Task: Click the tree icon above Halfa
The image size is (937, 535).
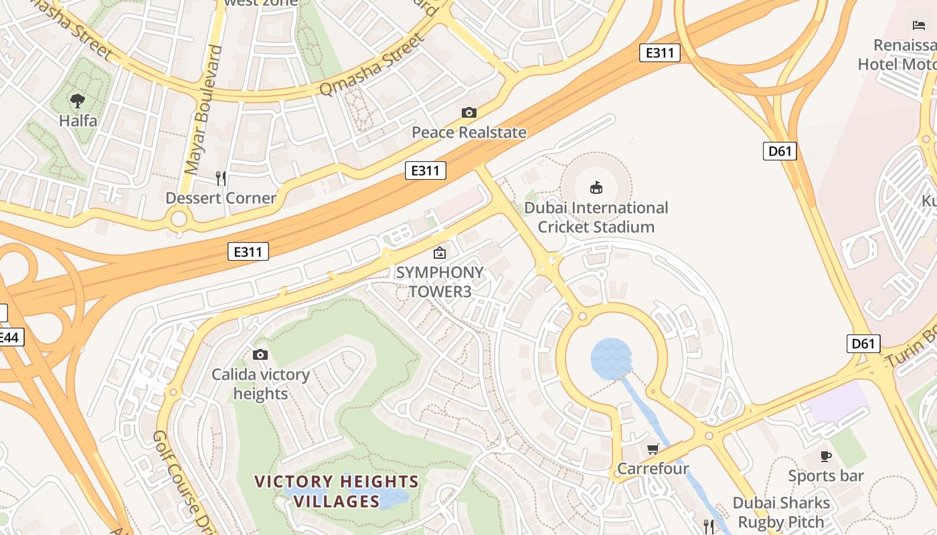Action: [x=78, y=101]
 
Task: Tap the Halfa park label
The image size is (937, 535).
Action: [x=78, y=121]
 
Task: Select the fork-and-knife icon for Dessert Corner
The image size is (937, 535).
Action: [x=221, y=179]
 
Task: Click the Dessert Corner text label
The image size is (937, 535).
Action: [x=221, y=198]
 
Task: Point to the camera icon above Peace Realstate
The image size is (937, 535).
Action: [x=469, y=112]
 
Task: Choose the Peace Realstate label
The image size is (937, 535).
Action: [x=468, y=132]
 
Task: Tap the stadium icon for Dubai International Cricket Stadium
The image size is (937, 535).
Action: [x=596, y=187]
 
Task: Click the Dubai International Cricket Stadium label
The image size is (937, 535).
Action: [x=596, y=217]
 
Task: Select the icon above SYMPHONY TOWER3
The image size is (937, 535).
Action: [x=440, y=253]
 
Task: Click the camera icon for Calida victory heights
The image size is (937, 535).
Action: [x=260, y=354]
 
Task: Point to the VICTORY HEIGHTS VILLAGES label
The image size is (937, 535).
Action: [x=337, y=491]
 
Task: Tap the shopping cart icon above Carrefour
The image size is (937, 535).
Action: [x=653, y=449]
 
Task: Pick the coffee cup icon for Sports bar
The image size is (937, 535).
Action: [x=826, y=456]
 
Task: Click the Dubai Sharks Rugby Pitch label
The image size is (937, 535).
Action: [x=781, y=512]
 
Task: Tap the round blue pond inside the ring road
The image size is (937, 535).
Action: [x=611, y=358]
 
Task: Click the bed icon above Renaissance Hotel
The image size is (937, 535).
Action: [x=919, y=25]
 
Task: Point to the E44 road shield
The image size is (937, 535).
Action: [x=9, y=337]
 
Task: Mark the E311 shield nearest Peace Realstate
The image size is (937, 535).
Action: [x=425, y=171]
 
